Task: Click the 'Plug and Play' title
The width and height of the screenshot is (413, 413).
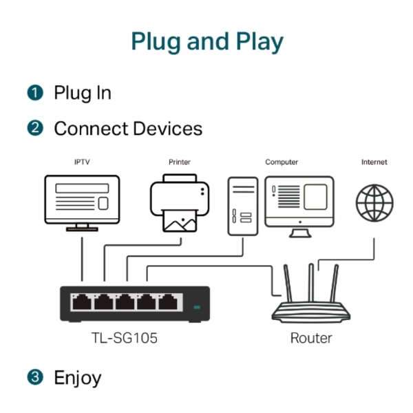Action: click(x=206, y=42)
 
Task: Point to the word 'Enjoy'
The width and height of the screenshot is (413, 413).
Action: click(x=78, y=378)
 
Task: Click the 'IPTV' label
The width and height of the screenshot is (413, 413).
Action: click(x=82, y=162)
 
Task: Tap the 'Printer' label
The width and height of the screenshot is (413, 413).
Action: click(x=180, y=162)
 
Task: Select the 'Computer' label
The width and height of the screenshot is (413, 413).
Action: click(x=282, y=162)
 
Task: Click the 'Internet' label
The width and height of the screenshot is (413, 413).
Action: click(x=374, y=162)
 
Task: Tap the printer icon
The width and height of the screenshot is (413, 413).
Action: click(x=180, y=202)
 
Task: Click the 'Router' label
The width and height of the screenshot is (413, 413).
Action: click(x=311, y=338)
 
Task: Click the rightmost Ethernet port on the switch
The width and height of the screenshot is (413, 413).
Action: click(x=167, y=301)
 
